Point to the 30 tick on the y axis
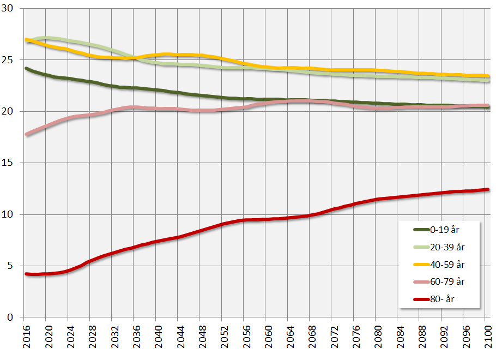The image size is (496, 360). pyautogui.click(x=10, y=9)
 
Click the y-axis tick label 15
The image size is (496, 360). pyautogui.click(x=10, y=163)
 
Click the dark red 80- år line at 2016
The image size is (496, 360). pyautogui.click(x=26, y=274)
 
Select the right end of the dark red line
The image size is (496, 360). pyautogui.click(x=488, y=189)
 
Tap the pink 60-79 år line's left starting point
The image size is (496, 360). pyautogui.click(x=26, y=134)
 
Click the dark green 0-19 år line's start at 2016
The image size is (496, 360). pyautogui.click(x=26, y=68)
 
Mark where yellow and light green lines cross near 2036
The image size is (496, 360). pyautogui.click(x=130, y=57)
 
